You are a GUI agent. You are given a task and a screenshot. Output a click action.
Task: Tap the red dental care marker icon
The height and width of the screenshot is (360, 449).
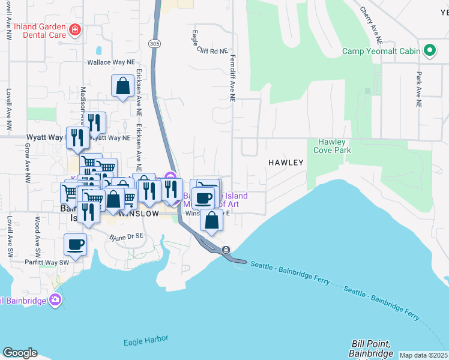74,29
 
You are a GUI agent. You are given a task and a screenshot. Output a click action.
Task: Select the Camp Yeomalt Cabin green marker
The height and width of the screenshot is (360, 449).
430,50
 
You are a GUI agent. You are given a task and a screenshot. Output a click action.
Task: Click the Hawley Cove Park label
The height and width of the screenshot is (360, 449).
331,146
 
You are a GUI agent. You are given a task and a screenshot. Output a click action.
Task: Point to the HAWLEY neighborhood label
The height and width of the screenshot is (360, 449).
286,163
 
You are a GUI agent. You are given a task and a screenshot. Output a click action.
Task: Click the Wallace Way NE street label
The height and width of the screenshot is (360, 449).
112,62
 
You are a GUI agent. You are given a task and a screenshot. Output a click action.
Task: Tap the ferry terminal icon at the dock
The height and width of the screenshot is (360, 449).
226,250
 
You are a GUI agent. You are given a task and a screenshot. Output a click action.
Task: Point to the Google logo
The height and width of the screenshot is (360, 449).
19,353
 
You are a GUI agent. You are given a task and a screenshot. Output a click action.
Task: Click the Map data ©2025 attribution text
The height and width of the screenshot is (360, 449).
423,355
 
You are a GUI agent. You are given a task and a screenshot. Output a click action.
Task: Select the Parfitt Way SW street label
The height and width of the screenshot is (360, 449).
47,262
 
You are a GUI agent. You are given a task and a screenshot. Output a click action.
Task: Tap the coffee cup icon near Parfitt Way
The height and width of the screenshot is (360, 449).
76,244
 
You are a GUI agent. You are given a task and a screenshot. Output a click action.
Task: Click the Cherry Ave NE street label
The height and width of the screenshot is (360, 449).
372,26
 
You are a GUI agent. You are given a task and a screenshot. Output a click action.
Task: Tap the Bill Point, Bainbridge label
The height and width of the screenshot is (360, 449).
370,348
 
